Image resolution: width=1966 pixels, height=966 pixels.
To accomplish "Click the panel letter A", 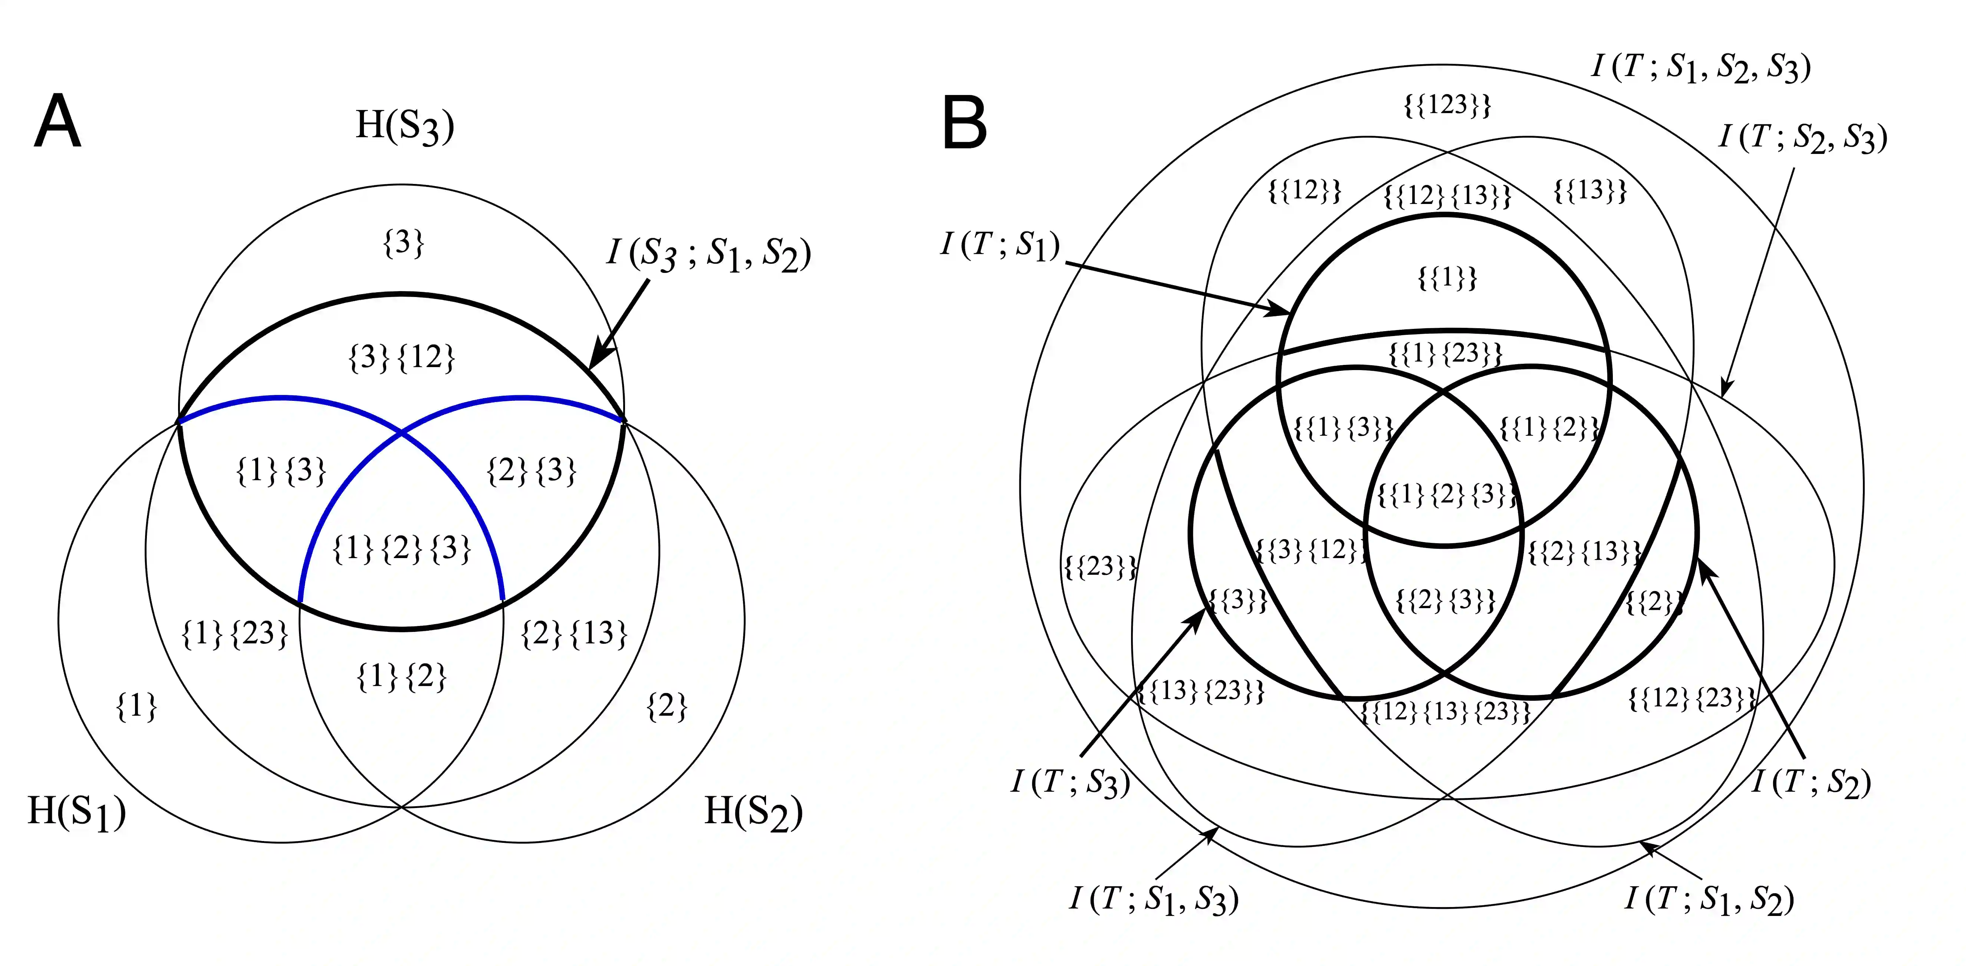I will [57, 122].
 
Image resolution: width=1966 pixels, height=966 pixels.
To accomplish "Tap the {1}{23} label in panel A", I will [234, 633].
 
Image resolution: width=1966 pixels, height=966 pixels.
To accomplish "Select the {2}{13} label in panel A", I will [574, 633].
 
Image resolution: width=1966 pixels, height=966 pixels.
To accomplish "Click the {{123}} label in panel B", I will [1447, 105].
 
